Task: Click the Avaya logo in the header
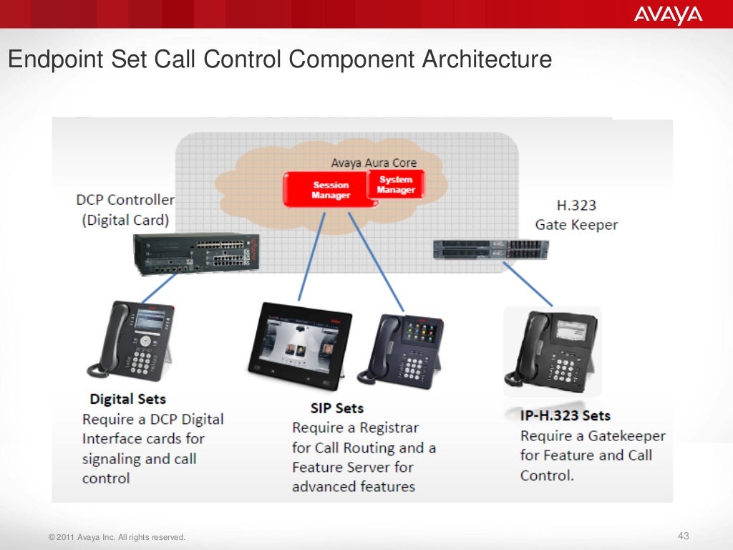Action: [x=668, y=15]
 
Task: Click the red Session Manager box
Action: [x=331, y=190]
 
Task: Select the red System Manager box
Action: [x=396, y=185]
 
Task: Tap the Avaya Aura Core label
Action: [x=373, y=163]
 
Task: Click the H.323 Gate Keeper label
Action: [x=576, y=215]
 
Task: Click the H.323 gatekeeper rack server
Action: [x=490, y=249]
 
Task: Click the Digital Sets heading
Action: [x=127, y=400]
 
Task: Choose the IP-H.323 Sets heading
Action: [x=565, y=415]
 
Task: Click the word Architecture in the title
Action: [x=486, y=59]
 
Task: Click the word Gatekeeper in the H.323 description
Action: [x=626, y=435]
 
